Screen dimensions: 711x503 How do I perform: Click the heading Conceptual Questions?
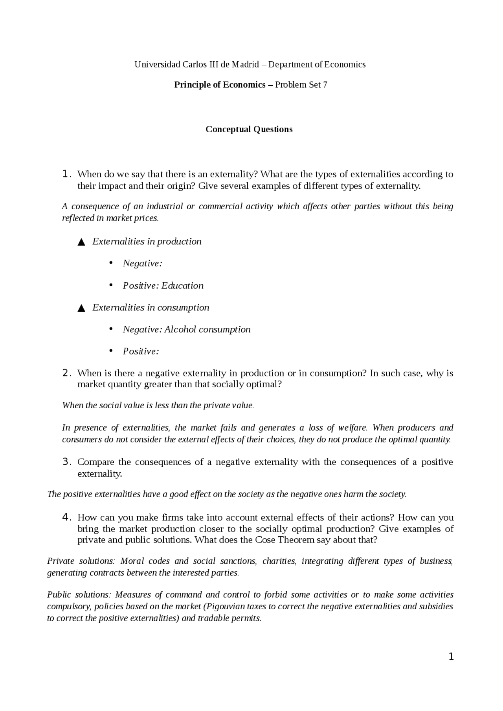249,130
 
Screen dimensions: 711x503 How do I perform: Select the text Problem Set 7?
301,85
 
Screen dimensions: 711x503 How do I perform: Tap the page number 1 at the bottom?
451,656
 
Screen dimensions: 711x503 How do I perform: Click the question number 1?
66,174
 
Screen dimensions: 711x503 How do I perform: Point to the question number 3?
66,462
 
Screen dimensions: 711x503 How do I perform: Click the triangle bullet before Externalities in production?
81,242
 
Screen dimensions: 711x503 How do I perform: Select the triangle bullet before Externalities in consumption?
81,308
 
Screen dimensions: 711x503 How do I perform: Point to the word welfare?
352,428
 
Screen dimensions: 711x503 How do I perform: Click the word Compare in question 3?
95,462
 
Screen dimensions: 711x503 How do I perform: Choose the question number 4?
66,517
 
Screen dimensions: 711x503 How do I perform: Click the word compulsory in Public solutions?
68,607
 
